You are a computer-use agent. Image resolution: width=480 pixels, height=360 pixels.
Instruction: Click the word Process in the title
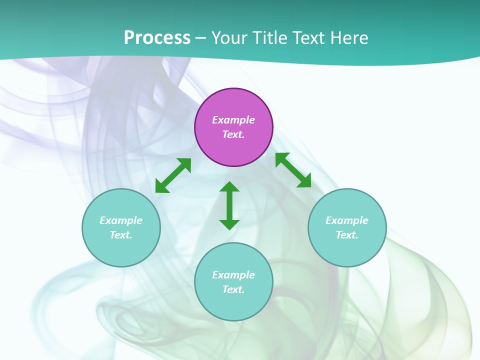[157, 38]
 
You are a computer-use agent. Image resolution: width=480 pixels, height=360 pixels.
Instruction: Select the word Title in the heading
[270, 38]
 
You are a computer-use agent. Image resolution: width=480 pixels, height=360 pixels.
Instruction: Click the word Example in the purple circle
[233, 120]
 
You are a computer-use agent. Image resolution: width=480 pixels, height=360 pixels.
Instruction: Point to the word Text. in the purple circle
[233, 134]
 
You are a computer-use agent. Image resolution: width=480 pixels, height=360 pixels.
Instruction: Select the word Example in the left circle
[121, 220]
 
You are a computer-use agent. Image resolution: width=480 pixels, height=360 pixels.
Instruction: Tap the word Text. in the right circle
[347, 235]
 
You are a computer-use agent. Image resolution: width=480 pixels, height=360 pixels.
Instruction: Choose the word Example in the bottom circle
[233, 275]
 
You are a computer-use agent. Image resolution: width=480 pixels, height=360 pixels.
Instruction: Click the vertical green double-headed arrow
[229, 205]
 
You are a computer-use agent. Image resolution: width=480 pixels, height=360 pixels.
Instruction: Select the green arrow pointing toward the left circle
[173, 175]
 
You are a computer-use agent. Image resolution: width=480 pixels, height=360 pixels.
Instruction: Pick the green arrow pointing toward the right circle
[293, 170]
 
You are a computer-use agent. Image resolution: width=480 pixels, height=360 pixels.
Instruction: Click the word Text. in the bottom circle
[233, 289]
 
